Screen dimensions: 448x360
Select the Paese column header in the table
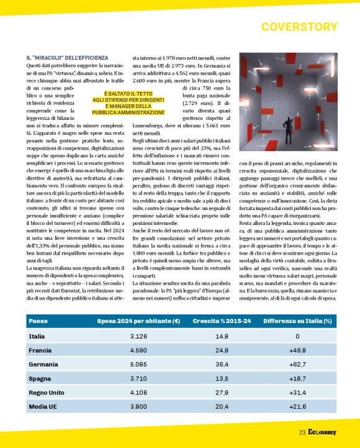pos(38,321)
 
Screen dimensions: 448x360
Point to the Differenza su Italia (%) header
pos(297,321)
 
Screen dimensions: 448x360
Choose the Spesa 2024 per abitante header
pos(138,321)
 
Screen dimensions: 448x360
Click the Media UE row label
pos(42,407)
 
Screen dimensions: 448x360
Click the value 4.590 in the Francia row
pos(138,350)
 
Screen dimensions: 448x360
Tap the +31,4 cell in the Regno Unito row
pos(297,393)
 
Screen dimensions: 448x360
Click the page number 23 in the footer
pos(302,432)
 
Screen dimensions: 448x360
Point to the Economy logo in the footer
pos(323,432)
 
